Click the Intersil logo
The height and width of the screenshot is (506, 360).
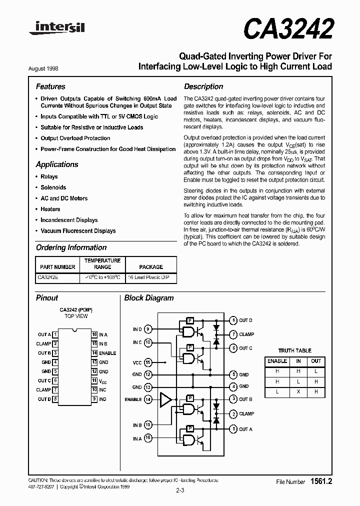[x=56, y=30]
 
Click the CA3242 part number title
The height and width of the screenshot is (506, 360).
[x=288, y=29]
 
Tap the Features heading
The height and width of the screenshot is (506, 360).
[x=50, y=86]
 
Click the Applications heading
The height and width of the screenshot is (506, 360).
[x=57, y=164]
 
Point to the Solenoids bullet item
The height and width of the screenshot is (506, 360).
[x=53, y=187]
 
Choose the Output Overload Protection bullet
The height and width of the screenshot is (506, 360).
[x=75, y=138]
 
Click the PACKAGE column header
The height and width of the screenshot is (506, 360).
[x=150, y=267]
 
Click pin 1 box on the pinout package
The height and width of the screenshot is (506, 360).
[x=55, y=334]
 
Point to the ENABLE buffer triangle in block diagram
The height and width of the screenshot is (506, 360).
[x=164, y=399]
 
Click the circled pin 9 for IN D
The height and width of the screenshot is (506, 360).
[x=148, y=329]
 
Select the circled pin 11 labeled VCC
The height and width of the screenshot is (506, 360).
[x=148, y=362]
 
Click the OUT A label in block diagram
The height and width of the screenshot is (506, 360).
[x=245, y=429]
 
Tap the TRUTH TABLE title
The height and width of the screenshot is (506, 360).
[x=294, y=350]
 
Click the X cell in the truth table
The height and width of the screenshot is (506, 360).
[x=298, y=392]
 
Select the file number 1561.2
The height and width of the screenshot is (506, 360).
[x=321, y=481]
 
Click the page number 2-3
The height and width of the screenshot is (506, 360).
[x=180, y=490]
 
